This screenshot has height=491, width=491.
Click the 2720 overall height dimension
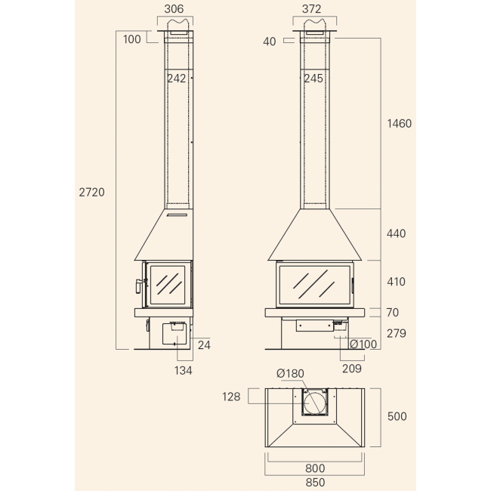[x=91, y=193]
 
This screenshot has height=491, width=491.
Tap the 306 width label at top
[x=174, y=9]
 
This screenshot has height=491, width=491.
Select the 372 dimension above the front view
[x=311, y=9]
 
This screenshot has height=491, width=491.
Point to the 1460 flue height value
[x=400, y=124]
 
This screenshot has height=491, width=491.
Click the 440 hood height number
[x=396, y=233]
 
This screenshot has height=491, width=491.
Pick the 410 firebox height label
[x=396, y=282]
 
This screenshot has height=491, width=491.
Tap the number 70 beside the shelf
[x=393, y=313]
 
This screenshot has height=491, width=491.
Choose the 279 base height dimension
[x=396, y=333]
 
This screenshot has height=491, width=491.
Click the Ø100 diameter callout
[x=363, y=344]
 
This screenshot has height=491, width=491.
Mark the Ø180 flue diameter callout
[x=290, y=374]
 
